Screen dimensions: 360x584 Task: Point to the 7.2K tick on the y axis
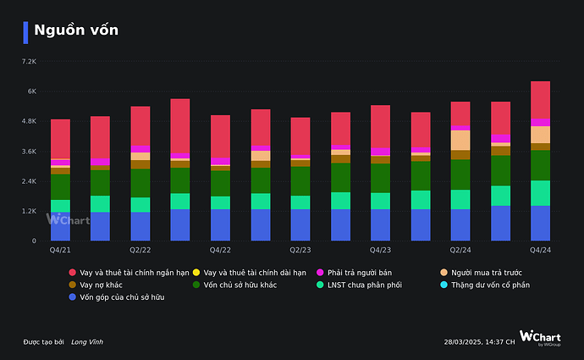point(29,62)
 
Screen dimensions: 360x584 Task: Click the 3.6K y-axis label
point(29,152)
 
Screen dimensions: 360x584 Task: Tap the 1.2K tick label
point(29,211)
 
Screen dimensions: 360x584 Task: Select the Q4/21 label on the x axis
point(60,251)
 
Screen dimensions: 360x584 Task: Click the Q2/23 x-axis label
point(300,251)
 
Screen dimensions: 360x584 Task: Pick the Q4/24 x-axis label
point(540,251)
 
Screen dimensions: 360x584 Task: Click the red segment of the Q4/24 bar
point(540,100)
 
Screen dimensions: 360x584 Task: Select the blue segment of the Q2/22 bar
point(140,226)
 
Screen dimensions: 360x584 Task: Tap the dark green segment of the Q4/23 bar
point(380,178)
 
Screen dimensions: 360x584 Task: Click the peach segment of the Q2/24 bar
point(460,140)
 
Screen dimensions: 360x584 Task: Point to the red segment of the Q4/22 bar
point(220,136)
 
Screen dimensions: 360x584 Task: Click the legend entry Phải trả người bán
point(361,273)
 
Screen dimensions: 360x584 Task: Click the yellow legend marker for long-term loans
point(196,273)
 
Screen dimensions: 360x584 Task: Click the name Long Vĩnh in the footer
point(87,341)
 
